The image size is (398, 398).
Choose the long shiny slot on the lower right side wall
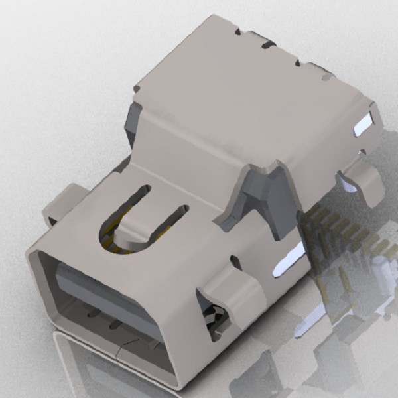pos(289,259)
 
